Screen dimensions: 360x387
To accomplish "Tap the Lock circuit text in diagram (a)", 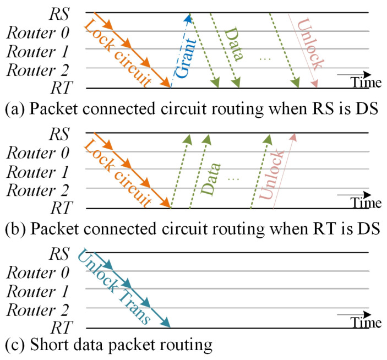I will click(118, 52).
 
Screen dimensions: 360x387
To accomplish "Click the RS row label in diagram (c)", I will click(61, 253).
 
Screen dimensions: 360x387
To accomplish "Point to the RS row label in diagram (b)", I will click(61, 133).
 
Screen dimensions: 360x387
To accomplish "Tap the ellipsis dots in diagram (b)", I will click(233, 179).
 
